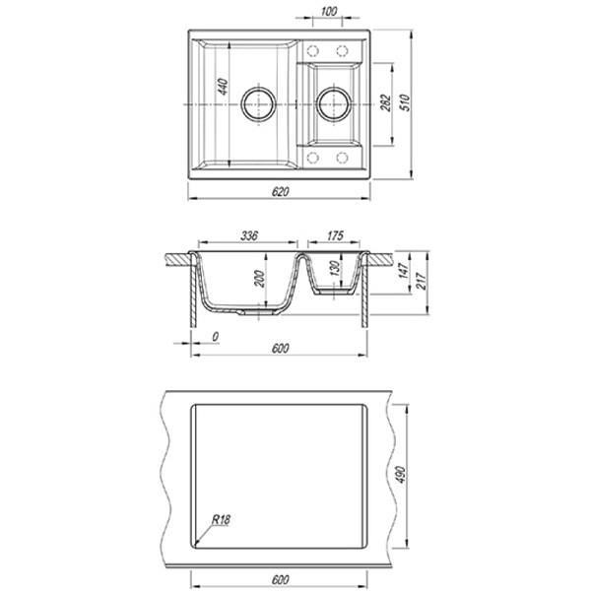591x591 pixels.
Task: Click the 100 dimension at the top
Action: (329, 11)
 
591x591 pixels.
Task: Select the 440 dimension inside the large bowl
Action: (224, 87)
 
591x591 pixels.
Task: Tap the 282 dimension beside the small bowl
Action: (386, 102)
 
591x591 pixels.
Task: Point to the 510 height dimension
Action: (405, 102)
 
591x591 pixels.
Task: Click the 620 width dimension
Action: (280, 192)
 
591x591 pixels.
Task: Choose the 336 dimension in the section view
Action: (249, 235)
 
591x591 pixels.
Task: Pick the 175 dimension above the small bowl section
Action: (335, 235)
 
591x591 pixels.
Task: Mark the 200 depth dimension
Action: (260, 279)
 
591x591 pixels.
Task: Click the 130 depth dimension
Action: (335, 268)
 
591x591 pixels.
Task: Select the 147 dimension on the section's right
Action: (403, 271)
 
